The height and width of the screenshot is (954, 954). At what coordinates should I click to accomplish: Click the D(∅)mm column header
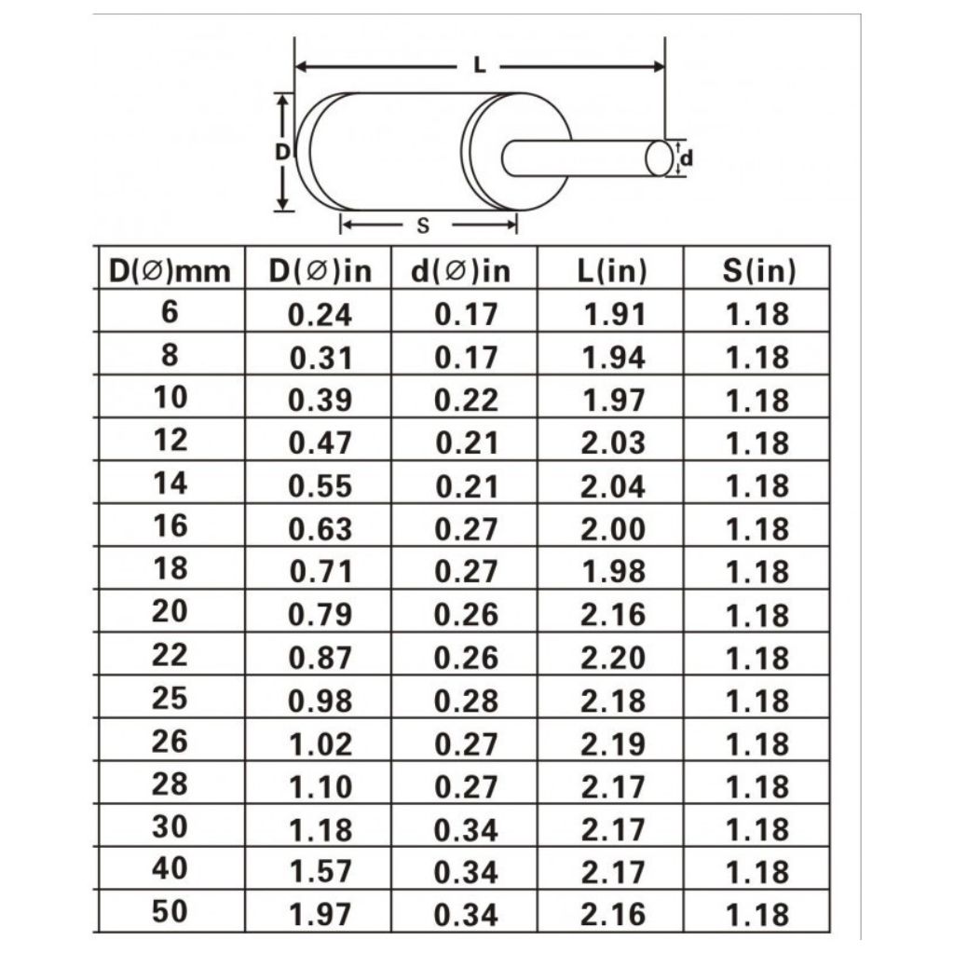(x=170, y=271)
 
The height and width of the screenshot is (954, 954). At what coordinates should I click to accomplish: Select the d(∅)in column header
(x=460, y=271)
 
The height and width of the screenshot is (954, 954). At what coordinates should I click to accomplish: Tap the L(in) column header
(x=611, y=271)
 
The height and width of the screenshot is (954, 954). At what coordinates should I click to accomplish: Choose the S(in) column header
(x=758, y=271)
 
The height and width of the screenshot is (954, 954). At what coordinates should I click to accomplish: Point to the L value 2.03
(x=613, y=443)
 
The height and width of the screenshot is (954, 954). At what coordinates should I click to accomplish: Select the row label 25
(x=170, y=698)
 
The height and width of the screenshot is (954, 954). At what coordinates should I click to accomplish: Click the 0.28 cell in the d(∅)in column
(x=466, y=701)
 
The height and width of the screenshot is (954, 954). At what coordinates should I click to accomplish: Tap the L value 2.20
(x=613, y=658)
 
